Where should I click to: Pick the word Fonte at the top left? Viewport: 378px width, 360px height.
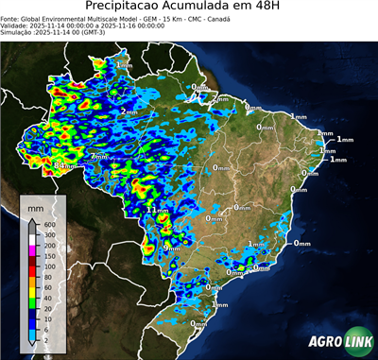click(10, 17)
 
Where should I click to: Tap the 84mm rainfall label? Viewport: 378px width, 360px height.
click(64, 164)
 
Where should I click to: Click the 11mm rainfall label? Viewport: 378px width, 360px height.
click(158, 210)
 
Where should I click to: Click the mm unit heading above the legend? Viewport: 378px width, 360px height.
click(36, 205)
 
